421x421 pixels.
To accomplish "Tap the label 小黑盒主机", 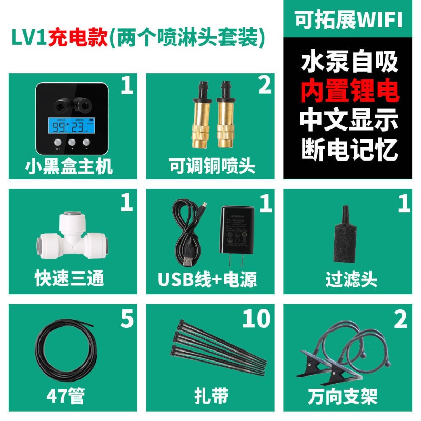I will (x=68, y=166).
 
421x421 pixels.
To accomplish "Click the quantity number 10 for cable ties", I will (x=256, y=319).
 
